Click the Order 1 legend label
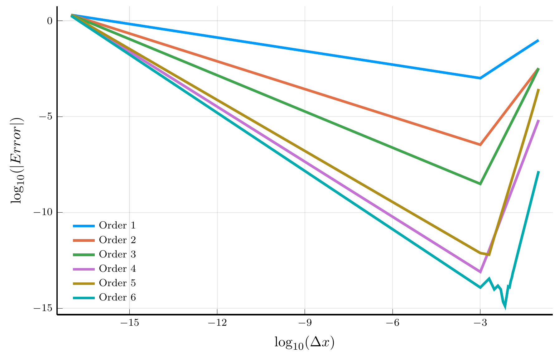click(x=117, y=225)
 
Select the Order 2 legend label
click(x=117, y=240)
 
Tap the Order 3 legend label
click(x=117, y=254)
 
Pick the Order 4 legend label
click(x=117, y=268)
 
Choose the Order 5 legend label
click(x=117, y=283)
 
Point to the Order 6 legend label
click(x=117, y=297)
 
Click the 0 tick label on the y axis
click(x=50, y=21)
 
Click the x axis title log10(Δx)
click(x=304, y=343)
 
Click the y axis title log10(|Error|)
click(x=17, y=161)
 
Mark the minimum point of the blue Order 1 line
click(x=480, y=78)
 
